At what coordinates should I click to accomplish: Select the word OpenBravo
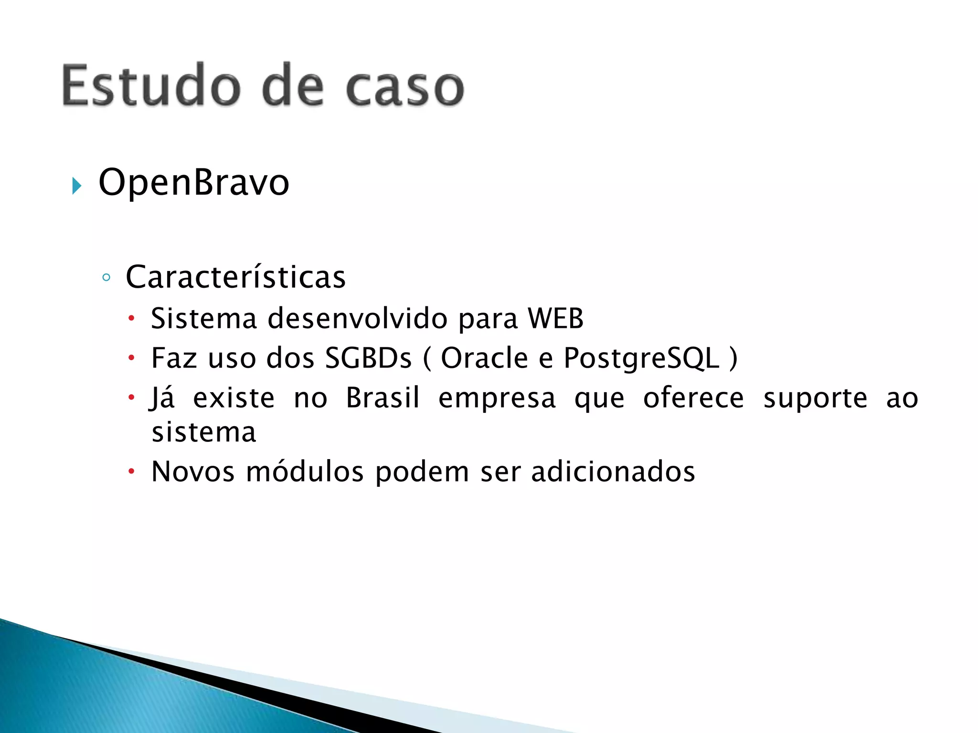click(x=194, y=182)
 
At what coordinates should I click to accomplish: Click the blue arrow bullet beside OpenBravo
click(x=76, y=185)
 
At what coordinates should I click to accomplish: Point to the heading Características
click(x=235, y=277)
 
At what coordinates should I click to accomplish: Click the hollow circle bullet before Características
click(x=106, y=278)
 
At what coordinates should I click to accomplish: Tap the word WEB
click(x=555, y=318)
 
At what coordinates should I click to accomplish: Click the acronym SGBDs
click(x=368, y=358)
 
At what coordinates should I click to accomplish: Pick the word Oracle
click(x=484, y=358)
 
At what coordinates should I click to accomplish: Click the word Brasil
click(x=383, y=398)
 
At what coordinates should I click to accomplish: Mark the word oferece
click(x=693, y=398)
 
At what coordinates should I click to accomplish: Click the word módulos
click(x=305, y=472)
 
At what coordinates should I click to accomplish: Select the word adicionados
click(x=613, y=472)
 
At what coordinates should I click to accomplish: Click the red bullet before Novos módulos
click(x=132, y=472)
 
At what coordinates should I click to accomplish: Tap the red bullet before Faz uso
click(x=132, y=358)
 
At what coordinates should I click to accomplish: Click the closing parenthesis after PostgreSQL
click(x=733, y=359)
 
